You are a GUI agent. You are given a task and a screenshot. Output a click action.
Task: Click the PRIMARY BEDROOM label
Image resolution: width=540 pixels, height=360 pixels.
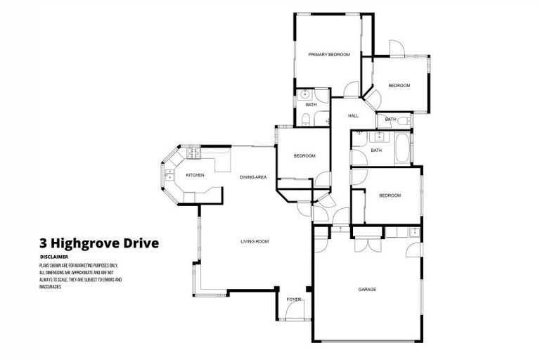pyautogui.click(x=329, y=54)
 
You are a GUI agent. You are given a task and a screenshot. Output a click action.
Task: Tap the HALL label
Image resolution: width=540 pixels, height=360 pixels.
pyautogui.click(x=353, y=115)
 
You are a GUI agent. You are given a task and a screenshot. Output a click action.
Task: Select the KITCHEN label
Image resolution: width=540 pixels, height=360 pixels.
pyautogui.click(x=195, y=175)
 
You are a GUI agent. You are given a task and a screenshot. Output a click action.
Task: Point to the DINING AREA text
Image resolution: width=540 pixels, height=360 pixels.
pyautogui.click(x=252, y=177)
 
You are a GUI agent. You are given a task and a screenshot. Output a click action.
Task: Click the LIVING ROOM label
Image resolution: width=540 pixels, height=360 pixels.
pyautogui.click(x=255, y=241)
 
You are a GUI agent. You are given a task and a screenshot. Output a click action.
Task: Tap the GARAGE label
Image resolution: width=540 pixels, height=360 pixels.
pyautogui.click(x=366, y=289)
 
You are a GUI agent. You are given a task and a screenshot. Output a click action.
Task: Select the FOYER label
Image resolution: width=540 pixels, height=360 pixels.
pyautogui.click(x=293, y=300)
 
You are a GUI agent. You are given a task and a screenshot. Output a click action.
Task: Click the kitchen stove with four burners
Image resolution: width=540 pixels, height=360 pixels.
pyautogui.click(x=193, y=153)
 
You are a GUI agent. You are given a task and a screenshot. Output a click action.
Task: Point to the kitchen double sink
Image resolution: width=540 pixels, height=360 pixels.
pyautogui.click(x=169, y=176)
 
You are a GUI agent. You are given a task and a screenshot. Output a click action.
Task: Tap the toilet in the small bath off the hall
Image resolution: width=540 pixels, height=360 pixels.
pyautogui.click(x=404, y=121)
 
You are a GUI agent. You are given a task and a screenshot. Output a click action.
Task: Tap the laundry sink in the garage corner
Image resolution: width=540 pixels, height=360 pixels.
pyautogui.click(x=414, y=232)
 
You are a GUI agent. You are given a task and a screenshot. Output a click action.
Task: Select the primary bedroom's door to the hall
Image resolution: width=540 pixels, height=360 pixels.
pyautogui.click(x=349, y=89)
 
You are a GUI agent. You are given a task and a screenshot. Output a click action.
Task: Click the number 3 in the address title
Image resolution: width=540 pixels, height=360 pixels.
pyautogui.click(x=44, y=244)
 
